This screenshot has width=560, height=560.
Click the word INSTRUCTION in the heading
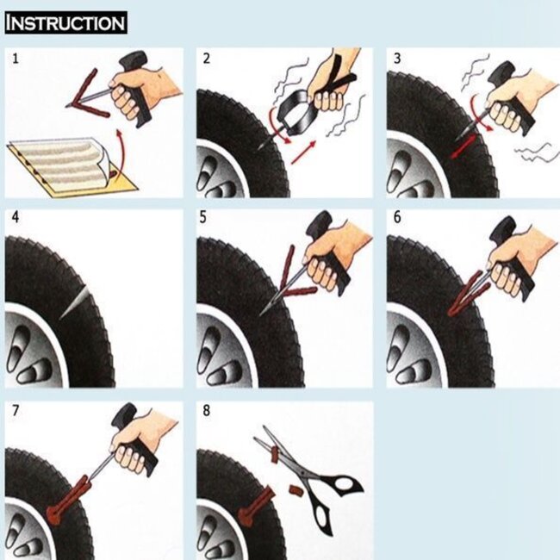tap(65, 22)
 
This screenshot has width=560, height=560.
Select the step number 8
tap(206, 411)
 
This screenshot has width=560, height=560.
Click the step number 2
tap(206, 59)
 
